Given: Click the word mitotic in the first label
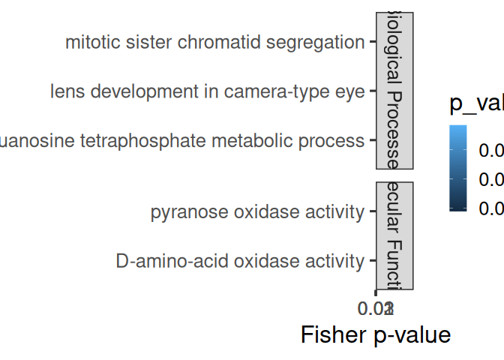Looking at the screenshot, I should pos(87,43).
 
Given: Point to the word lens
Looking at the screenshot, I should pos(65,91).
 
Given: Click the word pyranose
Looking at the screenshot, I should pos(184,212).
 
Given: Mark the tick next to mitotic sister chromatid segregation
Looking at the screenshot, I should pos(371,43).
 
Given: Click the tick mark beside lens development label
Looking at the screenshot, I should pos(371,91).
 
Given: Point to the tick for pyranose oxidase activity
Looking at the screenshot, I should pos(371,212).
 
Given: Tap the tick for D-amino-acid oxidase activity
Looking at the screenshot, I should pos(371,261).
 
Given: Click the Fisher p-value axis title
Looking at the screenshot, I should pos(376,334).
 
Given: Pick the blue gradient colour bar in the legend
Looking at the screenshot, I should pos(458,169).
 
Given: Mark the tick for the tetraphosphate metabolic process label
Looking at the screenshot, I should pos(371,140).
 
